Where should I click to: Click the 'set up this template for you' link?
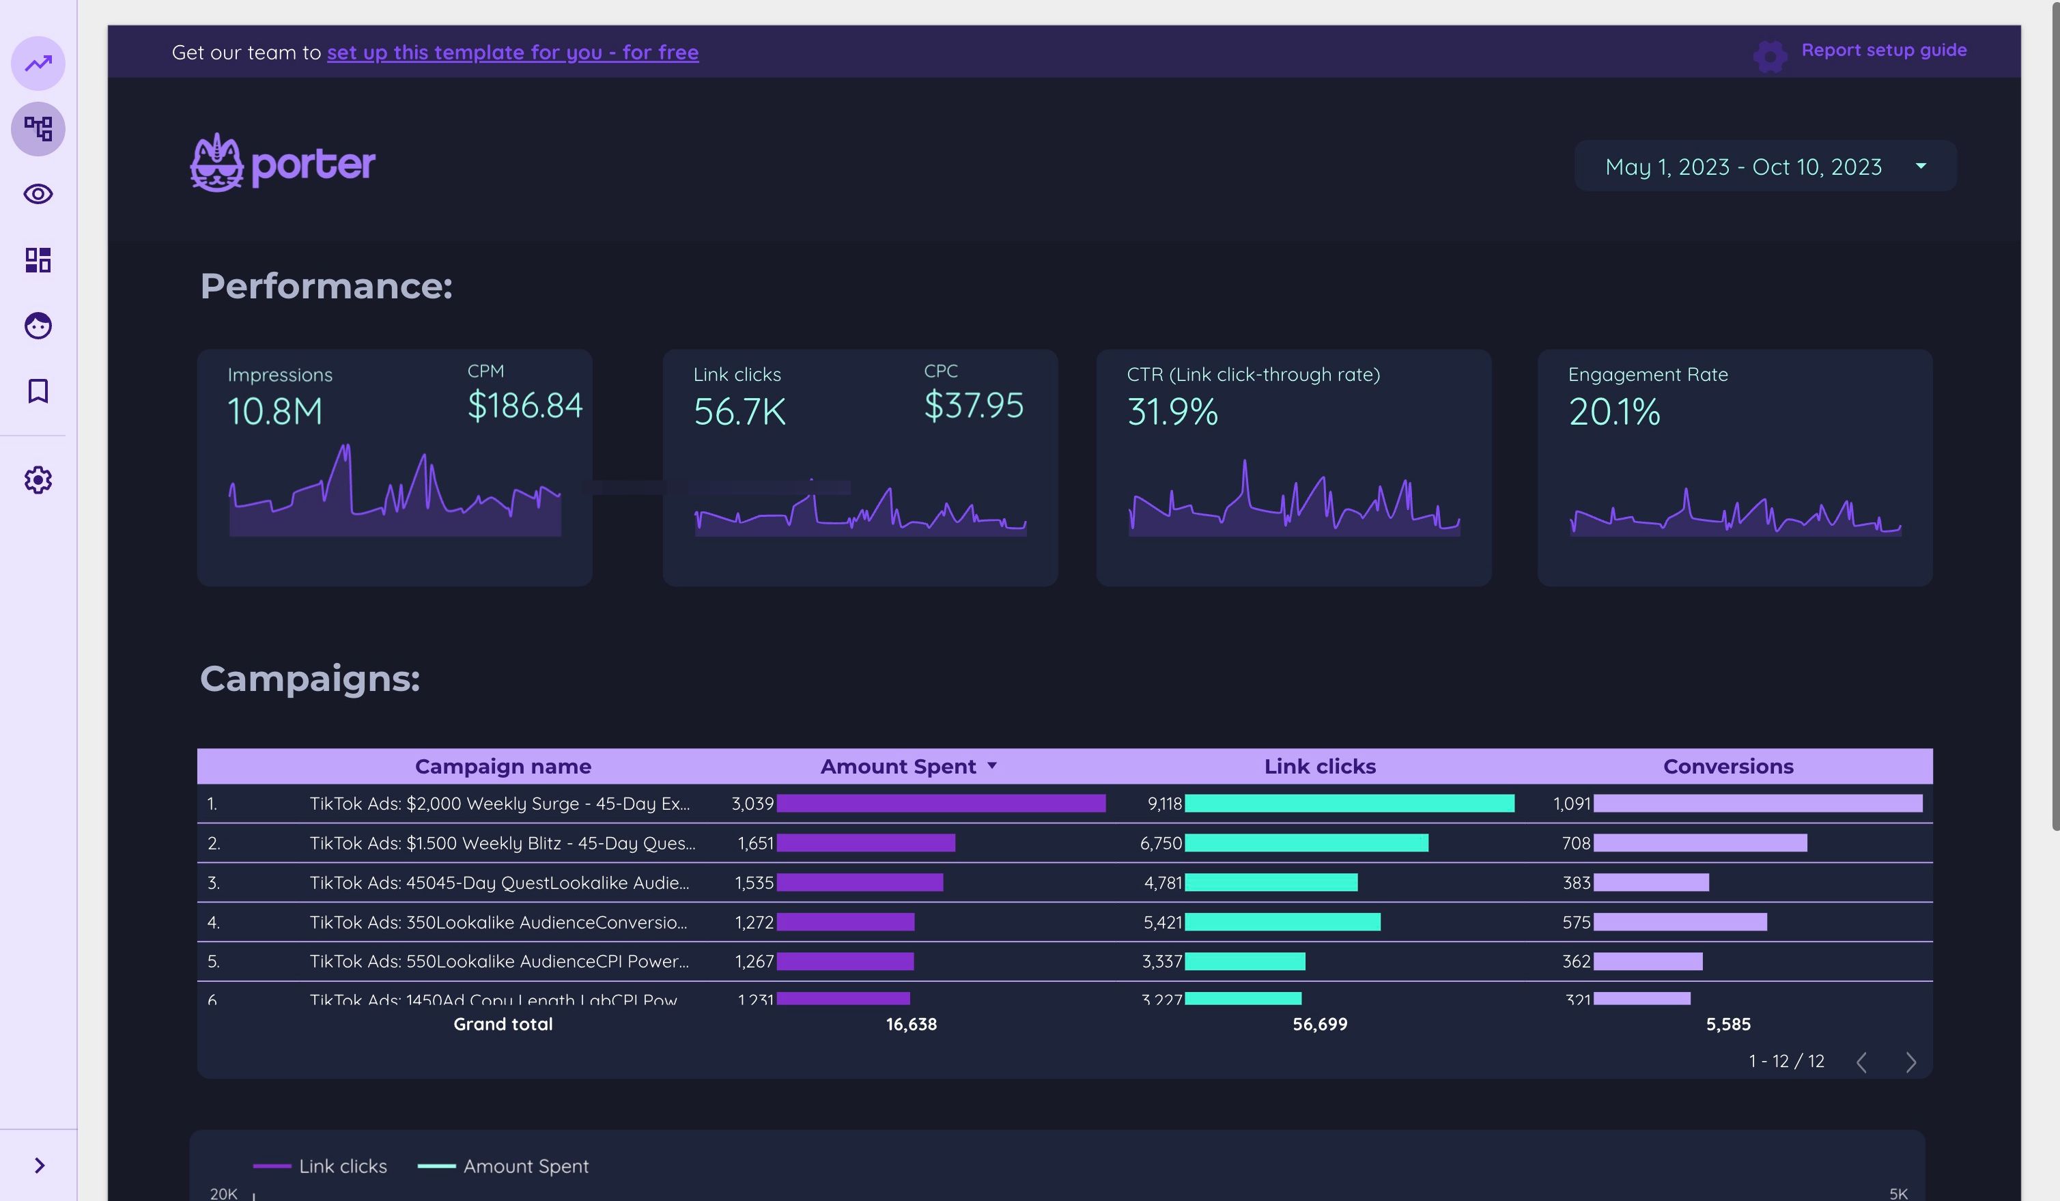coord(513,53)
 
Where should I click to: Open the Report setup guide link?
coord(1882,51)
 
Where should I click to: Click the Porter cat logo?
coord(217,163)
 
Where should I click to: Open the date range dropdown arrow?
coord(1920,166)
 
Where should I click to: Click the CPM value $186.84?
coord(524,406)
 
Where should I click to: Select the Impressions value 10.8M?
coord(274,411)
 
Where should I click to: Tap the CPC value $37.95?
coord(973,406)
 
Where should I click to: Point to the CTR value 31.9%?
coord(1172,411)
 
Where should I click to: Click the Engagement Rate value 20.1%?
coord(1613,411)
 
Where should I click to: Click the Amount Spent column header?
coord(898,766)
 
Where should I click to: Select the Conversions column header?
coord(1727,766)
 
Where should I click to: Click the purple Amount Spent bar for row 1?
coord(940,804)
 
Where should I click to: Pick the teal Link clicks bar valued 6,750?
coord(1306,843)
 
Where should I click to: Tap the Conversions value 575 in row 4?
coord(1575,922)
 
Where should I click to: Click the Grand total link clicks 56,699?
coord(1318,1023)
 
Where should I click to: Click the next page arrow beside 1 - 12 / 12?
coord(1910,1062)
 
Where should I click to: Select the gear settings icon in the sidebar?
coord(38,480)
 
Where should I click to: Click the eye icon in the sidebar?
coord(38,195)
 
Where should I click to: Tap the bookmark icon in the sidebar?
coord(38,391)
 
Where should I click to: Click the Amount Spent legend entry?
coord(525,1166)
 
